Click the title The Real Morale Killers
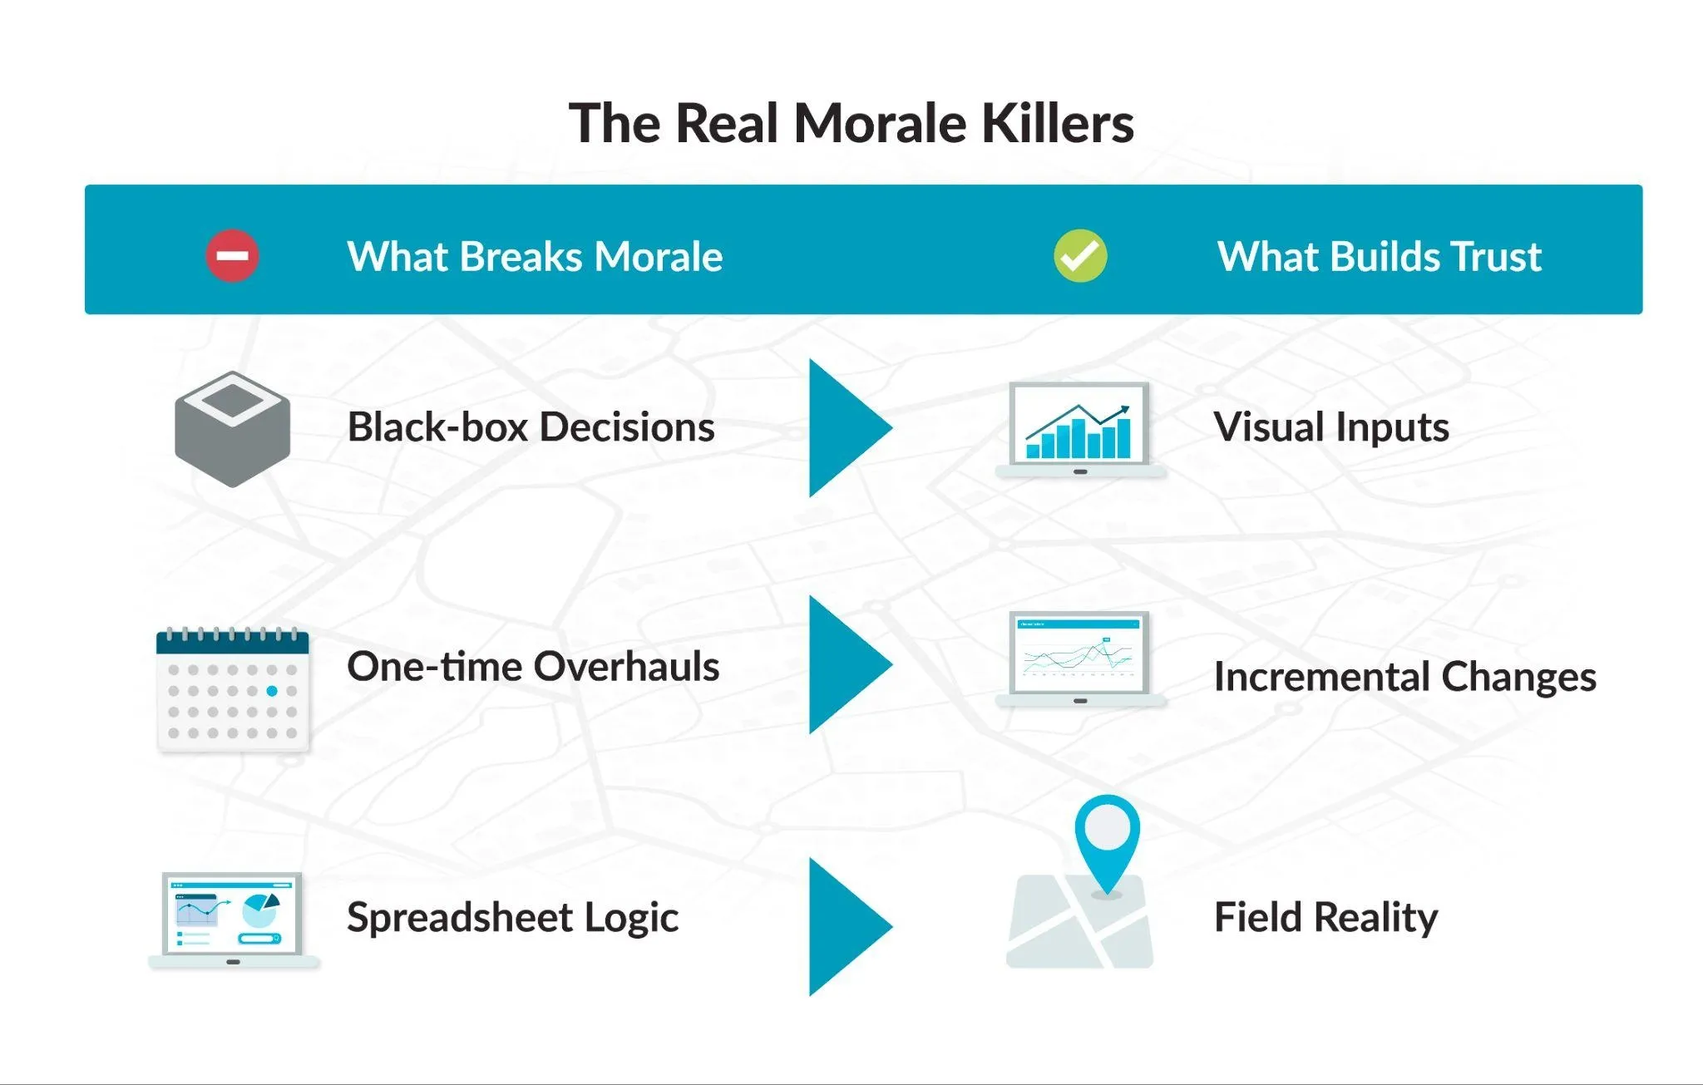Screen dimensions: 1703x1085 pos(851,123)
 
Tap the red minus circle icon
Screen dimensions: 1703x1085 pos(232,255)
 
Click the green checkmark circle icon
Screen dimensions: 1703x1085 pos(1080,255)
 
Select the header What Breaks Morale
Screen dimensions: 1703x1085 pos(535,256)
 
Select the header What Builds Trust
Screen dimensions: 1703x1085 pos(1379,256)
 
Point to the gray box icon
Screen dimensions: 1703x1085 pos(232,428)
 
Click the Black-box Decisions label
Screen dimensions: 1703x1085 pos(531,427)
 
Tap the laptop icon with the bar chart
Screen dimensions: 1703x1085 pos(1079,429)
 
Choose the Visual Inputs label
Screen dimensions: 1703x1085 pos(1330,427)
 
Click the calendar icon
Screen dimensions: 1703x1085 pos(232,690)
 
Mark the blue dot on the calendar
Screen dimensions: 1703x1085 pos(272,691)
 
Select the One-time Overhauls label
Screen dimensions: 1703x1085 pos(533,667)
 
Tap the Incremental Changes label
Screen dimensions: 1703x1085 pos(1404,677)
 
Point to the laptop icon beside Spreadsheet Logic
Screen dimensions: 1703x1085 pos(233,919)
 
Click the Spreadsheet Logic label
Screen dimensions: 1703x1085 pos(512,918)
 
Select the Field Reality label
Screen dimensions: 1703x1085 pos(1325,918)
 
